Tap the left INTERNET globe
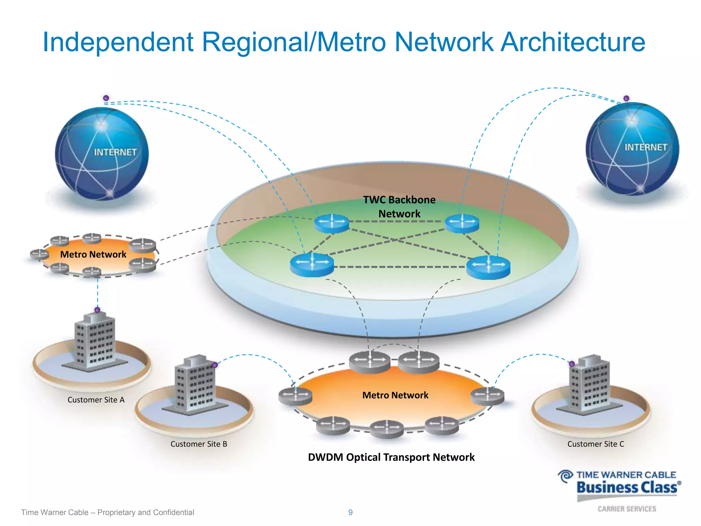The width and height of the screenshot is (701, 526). click(102, 153)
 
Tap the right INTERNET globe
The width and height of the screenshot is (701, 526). click(632, 149)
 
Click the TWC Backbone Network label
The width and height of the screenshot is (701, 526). click(399, 207)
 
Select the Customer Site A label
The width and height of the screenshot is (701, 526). click(96, 400)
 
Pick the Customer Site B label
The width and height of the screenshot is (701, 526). click(199, 444)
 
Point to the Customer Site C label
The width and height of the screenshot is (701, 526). click(596, 444)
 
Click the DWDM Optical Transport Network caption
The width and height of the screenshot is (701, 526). click(391, 457)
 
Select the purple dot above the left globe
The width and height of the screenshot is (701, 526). click(106, 98)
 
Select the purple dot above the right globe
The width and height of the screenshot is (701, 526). click(626, 98)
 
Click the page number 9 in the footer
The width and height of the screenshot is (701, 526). click(350, 512)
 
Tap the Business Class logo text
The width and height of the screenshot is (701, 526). click(627, 487)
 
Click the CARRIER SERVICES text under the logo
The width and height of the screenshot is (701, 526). click(627, 509)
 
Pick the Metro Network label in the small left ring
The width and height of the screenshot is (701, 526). click(93, 254)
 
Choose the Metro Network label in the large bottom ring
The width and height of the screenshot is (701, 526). click(395, 395)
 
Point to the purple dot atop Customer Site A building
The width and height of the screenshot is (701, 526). click(97, 310)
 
